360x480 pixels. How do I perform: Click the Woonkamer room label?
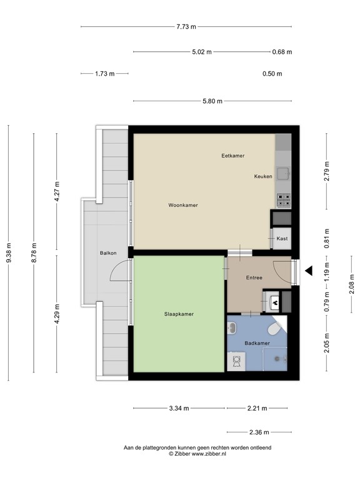(x=183, y=205)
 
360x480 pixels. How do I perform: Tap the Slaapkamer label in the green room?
(x=179, y=314)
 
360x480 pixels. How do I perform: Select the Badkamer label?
(x=257, y=343)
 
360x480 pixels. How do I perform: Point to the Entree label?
(x=254, y=277)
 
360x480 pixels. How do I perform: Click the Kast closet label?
(x=282, y=239)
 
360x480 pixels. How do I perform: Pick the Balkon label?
(x=108, y=253)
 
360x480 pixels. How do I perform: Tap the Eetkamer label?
(x=233, y=156)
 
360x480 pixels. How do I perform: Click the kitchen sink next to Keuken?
(x=284, y=174)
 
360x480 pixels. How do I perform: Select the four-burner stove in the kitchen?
(x=284, y=201)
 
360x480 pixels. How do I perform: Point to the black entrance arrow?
(x=309, y=271)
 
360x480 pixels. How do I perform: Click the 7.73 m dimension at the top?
(x=186, y=27)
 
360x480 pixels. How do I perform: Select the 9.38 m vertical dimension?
(x=9, y=252)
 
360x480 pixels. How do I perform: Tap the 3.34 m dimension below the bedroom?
(x=179, y=408)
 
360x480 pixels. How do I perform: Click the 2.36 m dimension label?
(x=259, y=432)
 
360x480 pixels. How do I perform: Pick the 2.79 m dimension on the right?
(x=327, y=171)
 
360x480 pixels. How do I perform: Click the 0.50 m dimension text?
(x=272, y=74)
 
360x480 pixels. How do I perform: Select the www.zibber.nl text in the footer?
(x=209, y=454)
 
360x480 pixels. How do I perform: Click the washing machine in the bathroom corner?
(x=236, y=361)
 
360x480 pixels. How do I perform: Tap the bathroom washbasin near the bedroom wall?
(x=232, y=328)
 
